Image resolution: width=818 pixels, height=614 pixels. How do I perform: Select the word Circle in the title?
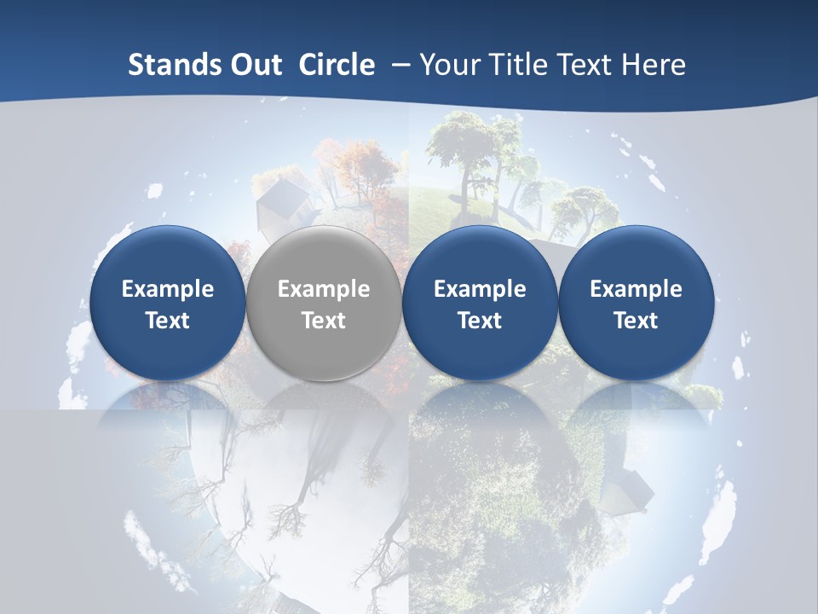click(x=337, y=65)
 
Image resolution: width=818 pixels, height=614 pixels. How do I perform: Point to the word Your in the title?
click(x=448, y=65)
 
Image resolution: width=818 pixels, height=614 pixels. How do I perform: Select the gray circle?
click(x=323, y=304)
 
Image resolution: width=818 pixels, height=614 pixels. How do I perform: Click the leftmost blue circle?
click(x=167, y=304)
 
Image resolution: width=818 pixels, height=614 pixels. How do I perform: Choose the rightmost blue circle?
click(x=636, y=304)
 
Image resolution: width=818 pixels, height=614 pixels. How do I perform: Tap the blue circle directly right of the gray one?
click(x=480, y=304)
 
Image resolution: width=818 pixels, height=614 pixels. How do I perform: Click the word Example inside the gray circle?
click(x=324, y=289)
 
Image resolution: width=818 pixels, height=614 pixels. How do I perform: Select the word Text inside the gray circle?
click(x=324, y=321)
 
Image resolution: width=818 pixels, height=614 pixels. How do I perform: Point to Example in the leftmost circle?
click(x=168, y=289)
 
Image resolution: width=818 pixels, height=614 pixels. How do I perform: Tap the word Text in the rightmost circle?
click(x=636, y=321)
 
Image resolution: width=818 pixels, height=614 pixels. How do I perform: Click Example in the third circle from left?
click(x=480, y=289)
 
